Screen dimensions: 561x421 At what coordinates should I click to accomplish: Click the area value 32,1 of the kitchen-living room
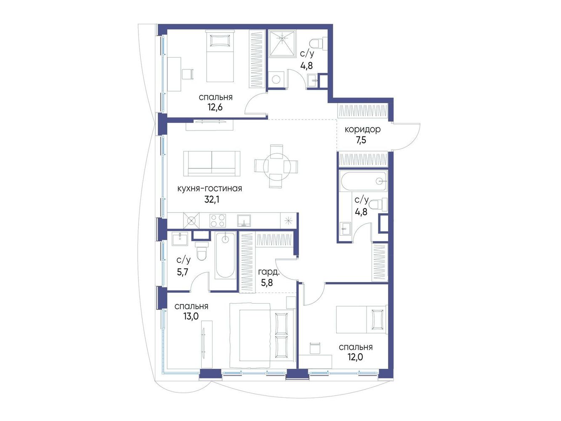(212, 200)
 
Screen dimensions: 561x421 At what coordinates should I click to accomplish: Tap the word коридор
(363, 130)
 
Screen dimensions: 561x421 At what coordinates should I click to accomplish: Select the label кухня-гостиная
(210, 189)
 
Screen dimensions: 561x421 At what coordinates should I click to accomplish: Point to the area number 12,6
(215, 107)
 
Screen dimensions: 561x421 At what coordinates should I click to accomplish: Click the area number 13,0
(191, 317)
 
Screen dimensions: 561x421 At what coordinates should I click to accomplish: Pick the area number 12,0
(355, 357)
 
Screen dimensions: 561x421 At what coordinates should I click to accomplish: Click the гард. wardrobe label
(269, 272)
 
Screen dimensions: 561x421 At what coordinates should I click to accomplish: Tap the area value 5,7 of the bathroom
(183, 272)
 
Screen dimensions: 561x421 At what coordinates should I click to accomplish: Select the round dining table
(277, 166)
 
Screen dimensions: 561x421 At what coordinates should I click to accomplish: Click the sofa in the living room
(212, 164)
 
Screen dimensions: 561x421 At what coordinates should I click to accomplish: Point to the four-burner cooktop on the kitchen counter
(218, 221)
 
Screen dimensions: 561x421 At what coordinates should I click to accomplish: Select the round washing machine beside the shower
(276, 80)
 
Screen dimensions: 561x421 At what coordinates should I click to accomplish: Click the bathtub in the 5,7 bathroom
(225, 256)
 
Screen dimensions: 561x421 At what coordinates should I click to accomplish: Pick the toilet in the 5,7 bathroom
(202, 251)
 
